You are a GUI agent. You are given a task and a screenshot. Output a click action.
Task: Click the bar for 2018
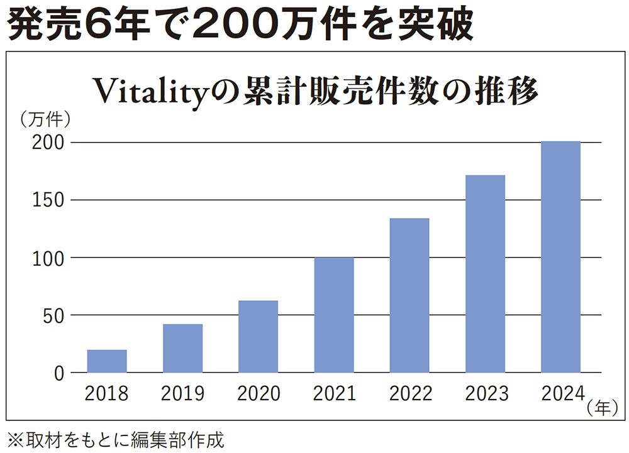pos(107,361)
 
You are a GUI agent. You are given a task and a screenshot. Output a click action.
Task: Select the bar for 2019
pos(182,348)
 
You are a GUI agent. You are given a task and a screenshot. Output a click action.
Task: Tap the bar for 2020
pos(258,337)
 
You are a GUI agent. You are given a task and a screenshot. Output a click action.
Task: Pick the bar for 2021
pos(333,315)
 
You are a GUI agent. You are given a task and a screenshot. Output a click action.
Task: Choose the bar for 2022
pos(409,295)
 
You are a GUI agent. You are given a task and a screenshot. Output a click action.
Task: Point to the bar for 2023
pos(485,274)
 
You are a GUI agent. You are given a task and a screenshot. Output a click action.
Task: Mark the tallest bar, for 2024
pos(560,257)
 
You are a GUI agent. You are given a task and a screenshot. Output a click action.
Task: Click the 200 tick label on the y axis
pos(48,143)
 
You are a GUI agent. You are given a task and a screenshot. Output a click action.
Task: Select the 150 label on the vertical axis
pos(48,200)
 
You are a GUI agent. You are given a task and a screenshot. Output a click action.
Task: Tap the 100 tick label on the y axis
pos(48,258)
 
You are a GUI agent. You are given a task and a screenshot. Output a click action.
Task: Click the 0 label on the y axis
pos(58,373)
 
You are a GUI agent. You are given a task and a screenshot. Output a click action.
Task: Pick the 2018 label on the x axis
pos(107,394)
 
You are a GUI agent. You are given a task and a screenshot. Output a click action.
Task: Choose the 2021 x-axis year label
pos(334,394)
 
